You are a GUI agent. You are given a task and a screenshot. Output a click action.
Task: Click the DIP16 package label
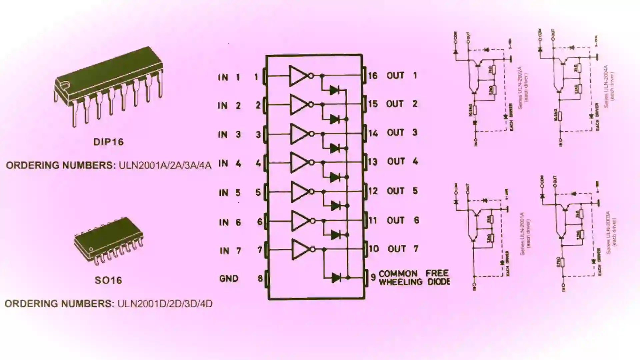[x=108, y=142]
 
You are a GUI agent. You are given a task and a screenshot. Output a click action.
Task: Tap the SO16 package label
[x=108, y=280]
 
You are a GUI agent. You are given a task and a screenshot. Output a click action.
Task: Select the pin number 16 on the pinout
[x=373, y=76]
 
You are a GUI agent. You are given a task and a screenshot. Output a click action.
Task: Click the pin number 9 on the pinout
[x=373, y=277]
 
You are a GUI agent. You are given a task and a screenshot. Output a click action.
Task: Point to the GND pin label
[x=229, y=278]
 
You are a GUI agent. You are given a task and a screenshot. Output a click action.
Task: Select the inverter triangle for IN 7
[x=300, y=249]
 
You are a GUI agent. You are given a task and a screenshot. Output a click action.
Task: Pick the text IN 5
[x=229, y=193]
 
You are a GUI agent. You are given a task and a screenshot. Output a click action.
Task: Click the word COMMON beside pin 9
[x=398, y=274]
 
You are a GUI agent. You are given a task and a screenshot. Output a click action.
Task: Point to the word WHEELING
[x=401, y=282]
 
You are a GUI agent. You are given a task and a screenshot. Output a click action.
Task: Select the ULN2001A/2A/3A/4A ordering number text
[x=165, y=165]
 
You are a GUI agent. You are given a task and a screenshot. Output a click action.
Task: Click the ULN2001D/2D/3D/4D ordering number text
[x=165, y=304]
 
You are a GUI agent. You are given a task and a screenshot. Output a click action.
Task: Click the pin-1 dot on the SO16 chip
[x=90, y=249]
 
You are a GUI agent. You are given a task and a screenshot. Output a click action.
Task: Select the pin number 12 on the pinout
[x=373, y=191]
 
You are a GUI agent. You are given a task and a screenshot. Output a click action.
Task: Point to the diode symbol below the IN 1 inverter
[x=334, y=90]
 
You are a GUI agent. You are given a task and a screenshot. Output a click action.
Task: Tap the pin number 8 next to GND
[x=260, y=278]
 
